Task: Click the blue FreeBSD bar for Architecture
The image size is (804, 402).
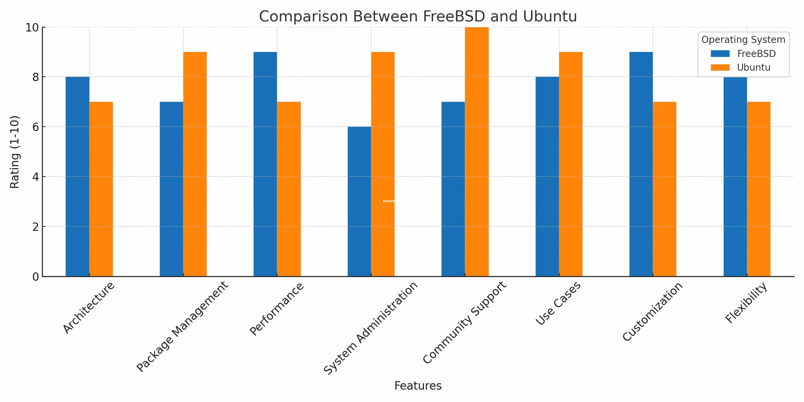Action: (x=77, y=176)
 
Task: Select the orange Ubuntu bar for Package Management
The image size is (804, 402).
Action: (x=195, y=163)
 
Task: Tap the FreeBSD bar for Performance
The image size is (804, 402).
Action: (x=265, y=163)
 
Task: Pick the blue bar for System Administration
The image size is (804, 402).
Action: (x=359, y=201)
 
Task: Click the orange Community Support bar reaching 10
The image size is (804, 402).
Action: (x=477, y=151)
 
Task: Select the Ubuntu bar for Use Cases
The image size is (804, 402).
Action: (x=570, y=163)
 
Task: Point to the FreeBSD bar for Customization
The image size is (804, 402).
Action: (x=641, y=163)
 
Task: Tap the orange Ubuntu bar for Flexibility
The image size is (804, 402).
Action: (x=758, y=188)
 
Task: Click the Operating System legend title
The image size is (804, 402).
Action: (x=743, y=40)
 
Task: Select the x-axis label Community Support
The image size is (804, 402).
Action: (x=465, y=322)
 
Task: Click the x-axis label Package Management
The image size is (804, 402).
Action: (x=183, y=327)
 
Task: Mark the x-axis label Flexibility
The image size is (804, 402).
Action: (x=746, y=303)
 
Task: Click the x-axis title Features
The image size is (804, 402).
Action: (x=417, y=386)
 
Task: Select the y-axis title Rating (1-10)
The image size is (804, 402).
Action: (x=15, y=152)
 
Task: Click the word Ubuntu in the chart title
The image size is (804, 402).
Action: (x=549, y=17)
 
